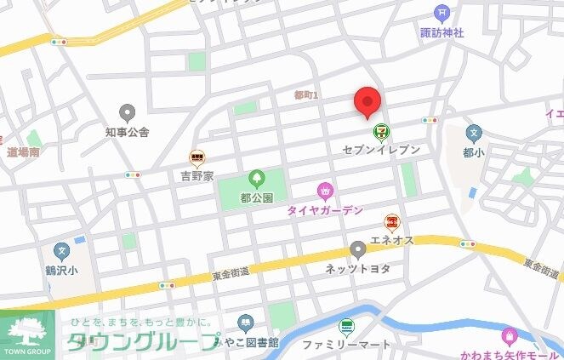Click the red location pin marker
click(367, 102)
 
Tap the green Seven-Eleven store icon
click(380, 131)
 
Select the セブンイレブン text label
click(381, 149)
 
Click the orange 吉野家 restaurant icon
click(197, 157)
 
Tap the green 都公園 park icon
click(256, 180)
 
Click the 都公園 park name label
click(256, 197)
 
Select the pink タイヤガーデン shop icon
click(324, 191)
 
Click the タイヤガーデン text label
click(325, 209)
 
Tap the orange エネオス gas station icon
click(391, 222)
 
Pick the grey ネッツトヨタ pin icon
click(358, 250)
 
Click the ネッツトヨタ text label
click(357, 268)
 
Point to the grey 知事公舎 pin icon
click(128, 113)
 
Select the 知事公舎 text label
click(128, 132)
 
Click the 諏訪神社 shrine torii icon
click(442, 13)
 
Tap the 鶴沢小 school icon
click(61, 252)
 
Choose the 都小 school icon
click(474, 134)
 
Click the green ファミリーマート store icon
click(346, 326)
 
